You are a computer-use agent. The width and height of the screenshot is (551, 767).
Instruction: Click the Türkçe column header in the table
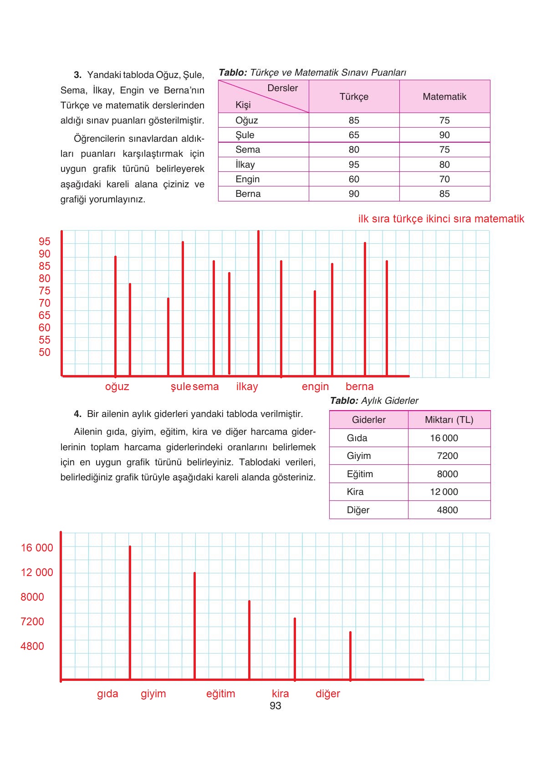354,97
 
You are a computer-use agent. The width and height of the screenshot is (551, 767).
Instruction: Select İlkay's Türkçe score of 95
354,165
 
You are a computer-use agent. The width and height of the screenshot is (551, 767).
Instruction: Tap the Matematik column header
444,97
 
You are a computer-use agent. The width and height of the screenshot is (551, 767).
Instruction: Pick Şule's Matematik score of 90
444,135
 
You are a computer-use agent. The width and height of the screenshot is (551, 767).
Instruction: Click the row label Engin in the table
247,179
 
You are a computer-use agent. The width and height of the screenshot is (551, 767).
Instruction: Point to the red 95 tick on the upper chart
45,242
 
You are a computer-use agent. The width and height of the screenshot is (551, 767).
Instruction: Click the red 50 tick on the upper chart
45,352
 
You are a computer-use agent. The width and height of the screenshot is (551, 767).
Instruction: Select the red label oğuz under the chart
117,387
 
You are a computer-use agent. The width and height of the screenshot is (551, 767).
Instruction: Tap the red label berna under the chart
359,386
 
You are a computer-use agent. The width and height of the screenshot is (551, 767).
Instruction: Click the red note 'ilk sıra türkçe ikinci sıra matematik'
441,219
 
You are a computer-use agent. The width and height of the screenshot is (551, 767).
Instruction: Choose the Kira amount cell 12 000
444,492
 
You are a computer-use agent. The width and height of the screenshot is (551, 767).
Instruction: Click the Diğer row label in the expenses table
358,510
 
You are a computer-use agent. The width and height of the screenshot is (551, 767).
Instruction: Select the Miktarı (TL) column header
449,420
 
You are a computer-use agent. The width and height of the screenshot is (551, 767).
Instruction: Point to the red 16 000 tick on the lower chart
37,548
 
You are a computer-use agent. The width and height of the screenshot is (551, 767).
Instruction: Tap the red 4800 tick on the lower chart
32,646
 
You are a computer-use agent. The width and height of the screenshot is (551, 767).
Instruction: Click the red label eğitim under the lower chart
220,694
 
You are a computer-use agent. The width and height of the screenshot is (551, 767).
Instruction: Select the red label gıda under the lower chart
107,694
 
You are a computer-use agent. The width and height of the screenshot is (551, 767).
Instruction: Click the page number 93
275,706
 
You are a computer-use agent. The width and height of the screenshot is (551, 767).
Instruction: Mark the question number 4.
77,414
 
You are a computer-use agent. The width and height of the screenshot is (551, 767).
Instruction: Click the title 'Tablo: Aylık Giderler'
374,401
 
